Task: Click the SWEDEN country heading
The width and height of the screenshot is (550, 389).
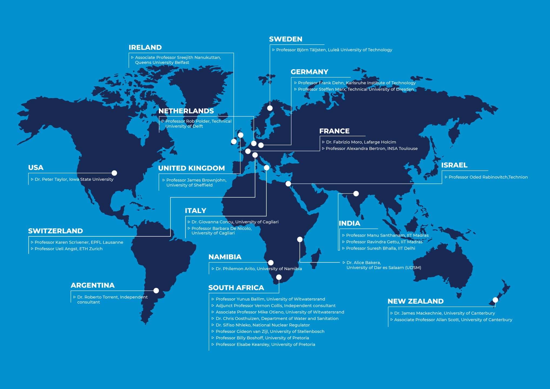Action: coord(286,39)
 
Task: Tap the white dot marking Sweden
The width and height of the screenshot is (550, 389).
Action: coord(270,108)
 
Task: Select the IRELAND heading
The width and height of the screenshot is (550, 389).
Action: coord(145,48)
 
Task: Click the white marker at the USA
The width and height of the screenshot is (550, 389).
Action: coord(114,173)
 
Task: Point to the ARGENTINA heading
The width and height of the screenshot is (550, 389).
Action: coord(93,285)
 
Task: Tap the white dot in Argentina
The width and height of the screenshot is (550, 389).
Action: coord(156,291)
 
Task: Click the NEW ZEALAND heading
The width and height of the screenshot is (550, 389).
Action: coord(415,301)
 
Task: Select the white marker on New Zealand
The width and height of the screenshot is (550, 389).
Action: coord(495,300)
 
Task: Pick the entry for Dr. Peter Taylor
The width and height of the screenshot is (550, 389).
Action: coord(74,179)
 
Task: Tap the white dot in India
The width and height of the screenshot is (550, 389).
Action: coord(356,194)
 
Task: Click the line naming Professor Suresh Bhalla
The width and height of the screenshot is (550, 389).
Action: coord(380,248)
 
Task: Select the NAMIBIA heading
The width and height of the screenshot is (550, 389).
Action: coord(225,257)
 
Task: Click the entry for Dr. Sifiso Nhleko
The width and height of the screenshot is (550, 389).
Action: coord(263,325)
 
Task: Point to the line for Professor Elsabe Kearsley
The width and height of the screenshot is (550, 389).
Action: coord(265,344)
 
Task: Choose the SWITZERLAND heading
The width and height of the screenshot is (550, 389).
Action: coord(55,231)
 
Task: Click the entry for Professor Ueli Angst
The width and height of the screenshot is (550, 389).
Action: coord(68,249)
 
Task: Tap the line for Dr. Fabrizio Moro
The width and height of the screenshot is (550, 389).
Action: coord(361,142)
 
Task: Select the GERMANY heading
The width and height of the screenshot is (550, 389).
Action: coord(309,72)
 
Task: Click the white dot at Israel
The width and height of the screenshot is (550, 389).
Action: coord(288,184)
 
